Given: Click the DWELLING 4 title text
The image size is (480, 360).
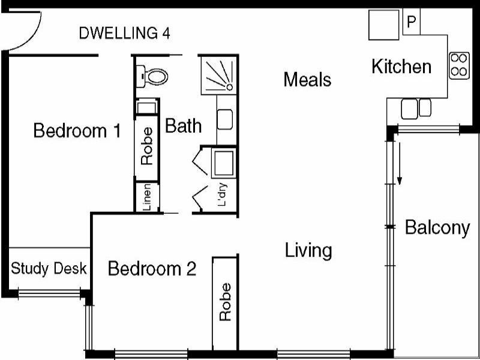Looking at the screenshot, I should click(x=124, y=33).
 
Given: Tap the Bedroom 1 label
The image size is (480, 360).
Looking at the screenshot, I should click(x=77, y=130).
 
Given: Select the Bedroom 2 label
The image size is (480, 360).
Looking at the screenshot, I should click(x=152, y=269).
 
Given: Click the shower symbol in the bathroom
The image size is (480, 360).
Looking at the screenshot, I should click(x=218, y=75).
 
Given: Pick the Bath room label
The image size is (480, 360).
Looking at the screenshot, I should click(x=183, y=126).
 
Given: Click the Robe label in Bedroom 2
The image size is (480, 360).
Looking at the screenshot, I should click(x=225, y=302).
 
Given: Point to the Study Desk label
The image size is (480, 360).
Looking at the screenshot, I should click(x=49, y=268).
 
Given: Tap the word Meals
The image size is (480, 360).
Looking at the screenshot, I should click(x=307, y=79).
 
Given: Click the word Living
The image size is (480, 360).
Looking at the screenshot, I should click(x=308, y=250).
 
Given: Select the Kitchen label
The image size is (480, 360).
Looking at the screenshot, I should click(x=401, y=66).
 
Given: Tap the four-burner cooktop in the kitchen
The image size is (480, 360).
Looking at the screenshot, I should click(x=459, y=65).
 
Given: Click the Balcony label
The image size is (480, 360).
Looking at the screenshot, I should click(x=437, y=228).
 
